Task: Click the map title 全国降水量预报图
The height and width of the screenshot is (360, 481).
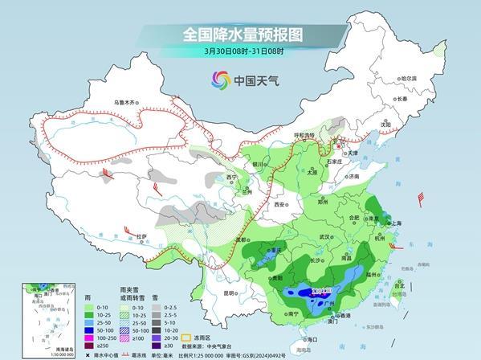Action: pos(240,35)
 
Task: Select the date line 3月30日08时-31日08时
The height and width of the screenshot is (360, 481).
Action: pos(240,52)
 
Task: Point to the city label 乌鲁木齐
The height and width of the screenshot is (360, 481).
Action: pos(125,102)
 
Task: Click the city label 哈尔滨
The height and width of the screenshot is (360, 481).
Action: pos(409,78)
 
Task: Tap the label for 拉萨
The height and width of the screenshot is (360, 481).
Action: pos(142,236)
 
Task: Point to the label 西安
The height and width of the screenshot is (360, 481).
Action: pos(280,205)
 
